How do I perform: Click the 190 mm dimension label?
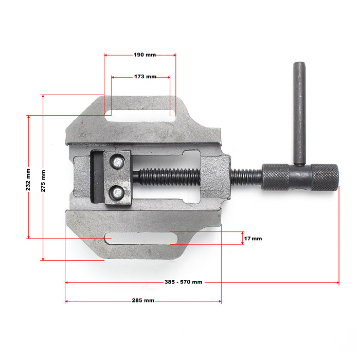coord(145,55)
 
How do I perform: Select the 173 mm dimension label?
coord(145,77)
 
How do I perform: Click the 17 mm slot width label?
coord(253,239)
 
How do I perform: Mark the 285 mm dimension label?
coord(143,300)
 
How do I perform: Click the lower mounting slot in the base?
coord(141,238)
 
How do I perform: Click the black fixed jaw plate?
coord(96,177)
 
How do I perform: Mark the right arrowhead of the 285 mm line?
coord(220,301)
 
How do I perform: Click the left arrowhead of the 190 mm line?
coord(105,55)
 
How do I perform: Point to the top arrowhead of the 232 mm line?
coord(28,117)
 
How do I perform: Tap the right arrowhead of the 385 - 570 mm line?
coord(337,282)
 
